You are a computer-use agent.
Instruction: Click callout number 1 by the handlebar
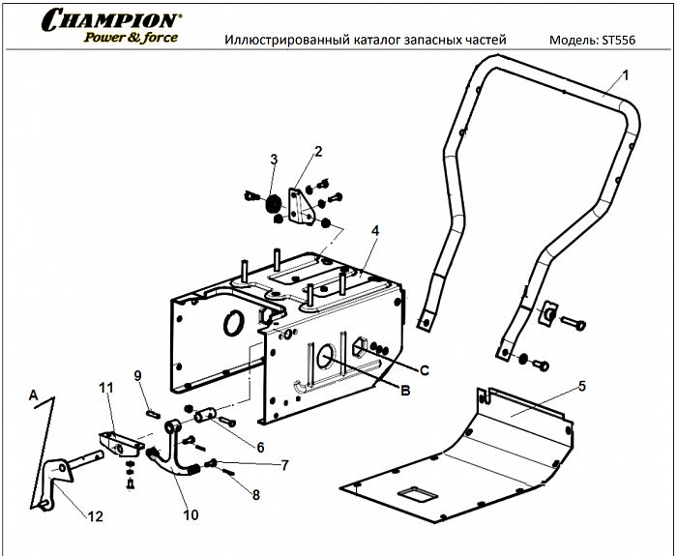[x=625, y=74]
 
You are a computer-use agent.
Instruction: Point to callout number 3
[x=274, y=159]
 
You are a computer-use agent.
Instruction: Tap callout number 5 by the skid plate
[x=582, y=386]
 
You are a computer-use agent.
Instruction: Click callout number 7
[x=284, y=465]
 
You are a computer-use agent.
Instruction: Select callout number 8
[x=256, y=495]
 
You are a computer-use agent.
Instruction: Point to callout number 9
[x=137, y=375]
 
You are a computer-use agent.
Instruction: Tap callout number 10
[x=191, y=515]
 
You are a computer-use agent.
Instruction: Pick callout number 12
[x=95, y=516]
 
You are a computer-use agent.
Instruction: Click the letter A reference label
[x=33, y=395]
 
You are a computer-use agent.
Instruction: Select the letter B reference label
[x=406, y=391]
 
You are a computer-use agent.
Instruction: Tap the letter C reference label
[x=424, y=369]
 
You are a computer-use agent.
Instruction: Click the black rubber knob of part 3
[x=272, y=204]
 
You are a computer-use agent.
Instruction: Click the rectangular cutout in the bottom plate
[x=418, y=496]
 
